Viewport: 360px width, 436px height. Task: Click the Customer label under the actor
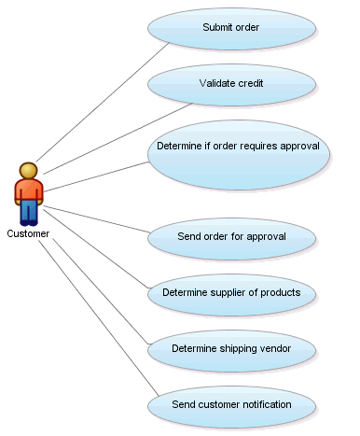tap(28, 233)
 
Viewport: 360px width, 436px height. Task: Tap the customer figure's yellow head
tap(29, 170)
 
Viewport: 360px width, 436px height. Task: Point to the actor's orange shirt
tap(29, 190)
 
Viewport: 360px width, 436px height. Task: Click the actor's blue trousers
tap(29, 213)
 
